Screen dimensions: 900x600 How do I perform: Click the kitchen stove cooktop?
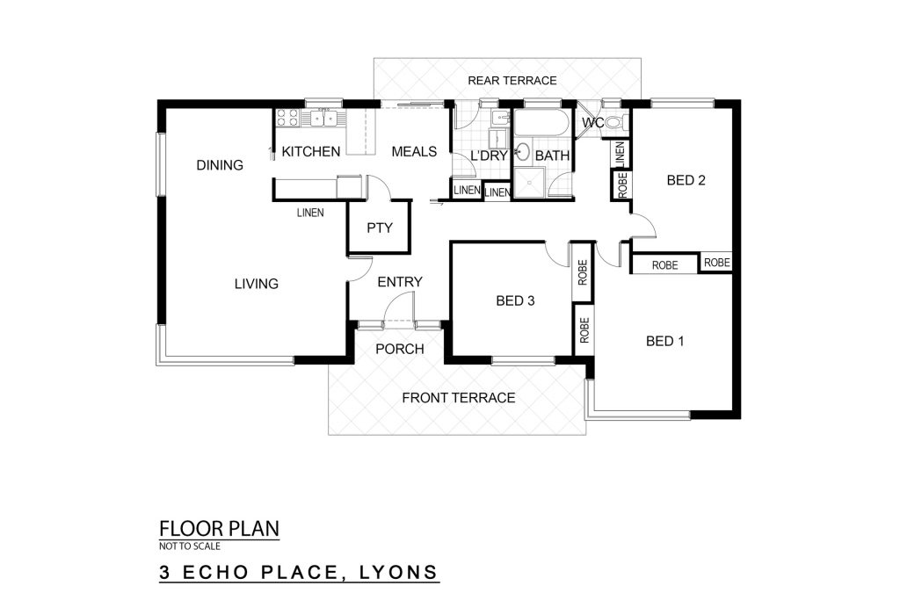pos(287,117)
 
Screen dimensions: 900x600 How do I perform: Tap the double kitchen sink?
pos(324,118)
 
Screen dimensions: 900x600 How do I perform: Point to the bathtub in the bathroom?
pos(541,123)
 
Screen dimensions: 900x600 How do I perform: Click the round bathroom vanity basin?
pos(522,152)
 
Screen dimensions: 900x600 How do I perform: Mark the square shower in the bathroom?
pos(528,183)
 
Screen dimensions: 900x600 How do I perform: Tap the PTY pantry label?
pos(380,228)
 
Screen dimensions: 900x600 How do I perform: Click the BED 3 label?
pos(515,300)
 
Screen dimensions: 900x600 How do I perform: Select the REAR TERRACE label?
pos(512,81)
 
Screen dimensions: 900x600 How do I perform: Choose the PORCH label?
pos(400,349)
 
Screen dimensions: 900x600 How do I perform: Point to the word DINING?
pos(220,165)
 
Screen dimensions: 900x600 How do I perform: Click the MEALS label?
pos(414,151)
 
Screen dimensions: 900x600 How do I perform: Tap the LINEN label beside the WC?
pos(620,154)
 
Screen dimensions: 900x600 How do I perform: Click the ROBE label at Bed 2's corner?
pos(717,262)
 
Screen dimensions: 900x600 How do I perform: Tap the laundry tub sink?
pos(500,119)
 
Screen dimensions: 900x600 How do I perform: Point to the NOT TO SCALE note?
pos(190,546)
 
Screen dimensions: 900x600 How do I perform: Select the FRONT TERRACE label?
pos(458,398)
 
